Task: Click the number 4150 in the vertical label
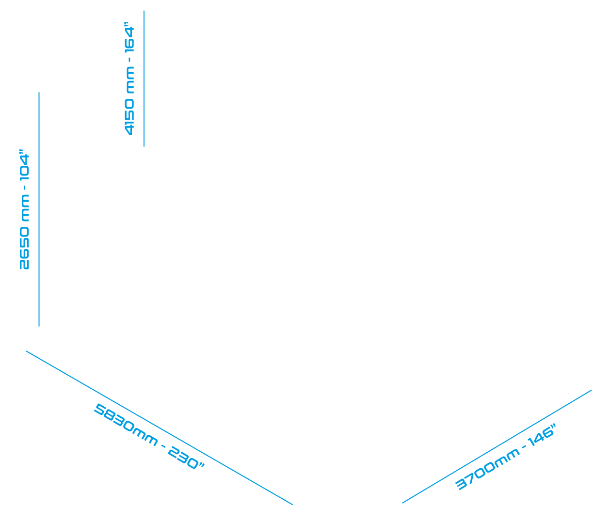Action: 129,117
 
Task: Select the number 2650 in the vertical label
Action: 24,248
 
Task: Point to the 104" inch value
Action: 24,165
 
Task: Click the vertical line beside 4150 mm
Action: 144,79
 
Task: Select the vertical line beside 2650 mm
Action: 39,209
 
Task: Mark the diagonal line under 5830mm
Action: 160,428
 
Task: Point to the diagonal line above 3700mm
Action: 497,446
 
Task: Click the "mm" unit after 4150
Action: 130,80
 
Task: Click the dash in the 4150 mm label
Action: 129,60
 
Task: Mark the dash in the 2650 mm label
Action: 25,188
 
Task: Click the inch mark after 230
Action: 202,465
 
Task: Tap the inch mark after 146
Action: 553,426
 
